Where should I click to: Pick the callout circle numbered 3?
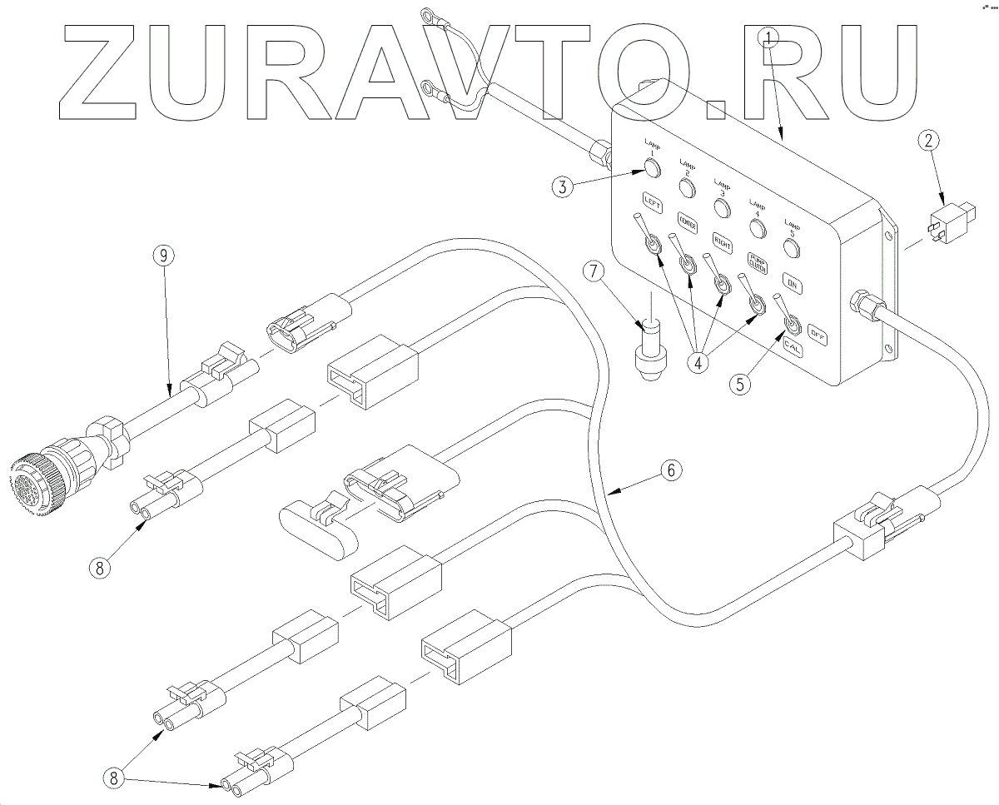564,186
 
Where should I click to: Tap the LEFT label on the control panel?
652,201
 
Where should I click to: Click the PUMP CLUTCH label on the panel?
758,261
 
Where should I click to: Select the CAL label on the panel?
793,349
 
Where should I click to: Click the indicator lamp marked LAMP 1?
651,169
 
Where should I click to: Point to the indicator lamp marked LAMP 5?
792,247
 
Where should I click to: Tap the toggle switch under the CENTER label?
688,264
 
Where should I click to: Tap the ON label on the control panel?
791,286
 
